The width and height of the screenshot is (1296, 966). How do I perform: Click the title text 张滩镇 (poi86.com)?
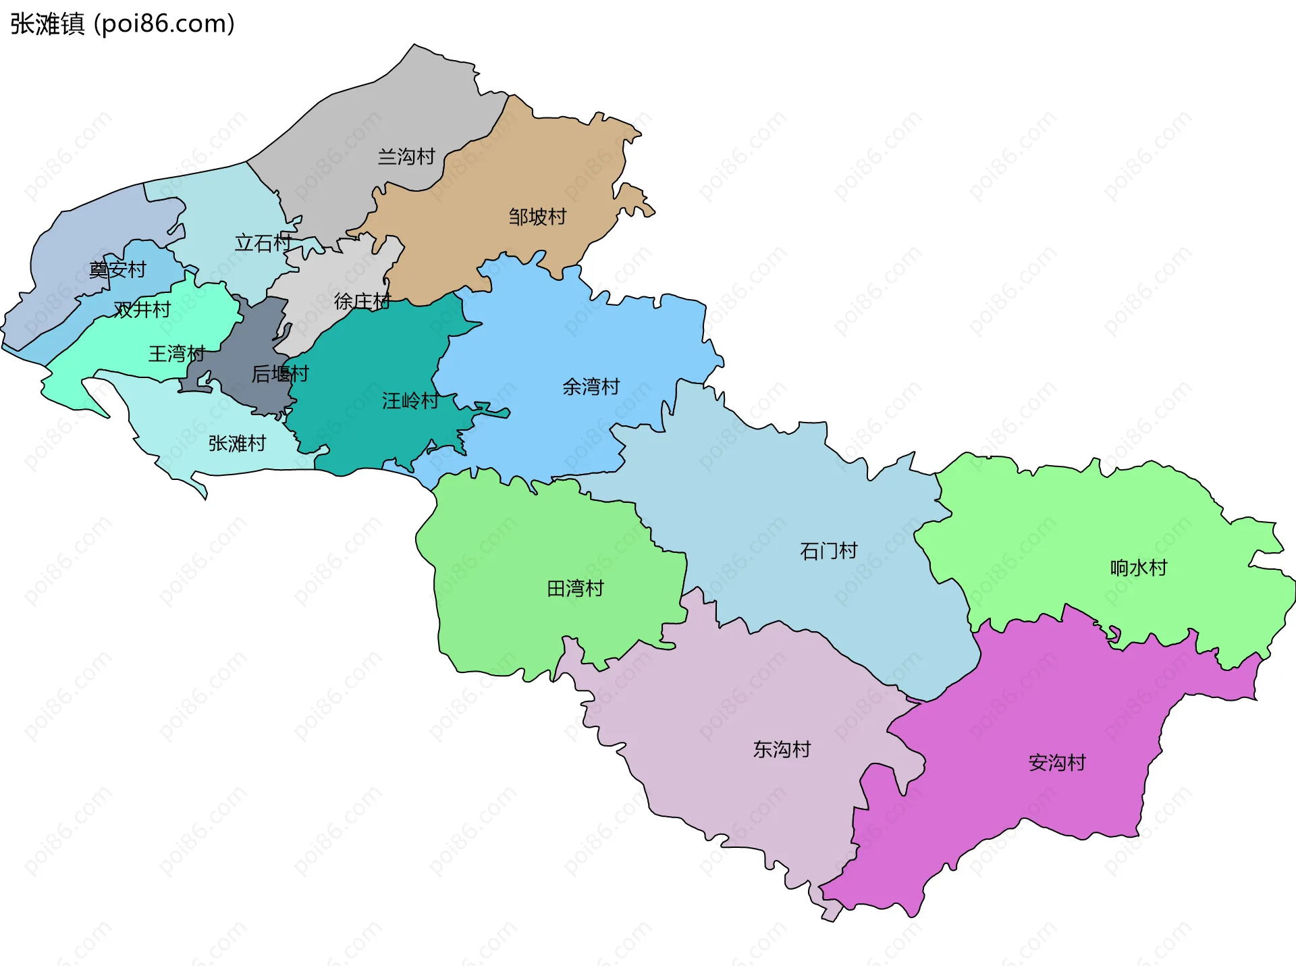coord(122,24)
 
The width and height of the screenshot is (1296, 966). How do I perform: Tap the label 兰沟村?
coord(406,157)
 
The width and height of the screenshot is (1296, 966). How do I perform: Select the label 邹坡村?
coord(537,217)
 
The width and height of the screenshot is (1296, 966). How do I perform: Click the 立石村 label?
coord(263,242)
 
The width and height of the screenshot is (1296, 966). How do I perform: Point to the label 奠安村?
coord(117,269)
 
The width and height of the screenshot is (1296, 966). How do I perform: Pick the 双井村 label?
coord(142,309)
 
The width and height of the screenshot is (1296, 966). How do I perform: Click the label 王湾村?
coord(176,353)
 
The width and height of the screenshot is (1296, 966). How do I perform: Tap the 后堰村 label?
coord(280,373)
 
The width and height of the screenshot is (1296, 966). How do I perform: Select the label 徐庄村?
coord(362,301)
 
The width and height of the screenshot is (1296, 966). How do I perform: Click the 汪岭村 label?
coord(410,401)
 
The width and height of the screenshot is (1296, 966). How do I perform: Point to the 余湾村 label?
coord(591,387)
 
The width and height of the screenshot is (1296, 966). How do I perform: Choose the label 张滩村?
coord(237,444)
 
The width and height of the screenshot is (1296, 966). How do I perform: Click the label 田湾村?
coord(575,589)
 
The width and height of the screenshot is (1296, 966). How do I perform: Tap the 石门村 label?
coord(828,551)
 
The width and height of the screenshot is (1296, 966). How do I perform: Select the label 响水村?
coord(1139,568)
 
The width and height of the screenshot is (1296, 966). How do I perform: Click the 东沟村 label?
coord(782,749)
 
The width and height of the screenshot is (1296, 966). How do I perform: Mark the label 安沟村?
coord(1057,763)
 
